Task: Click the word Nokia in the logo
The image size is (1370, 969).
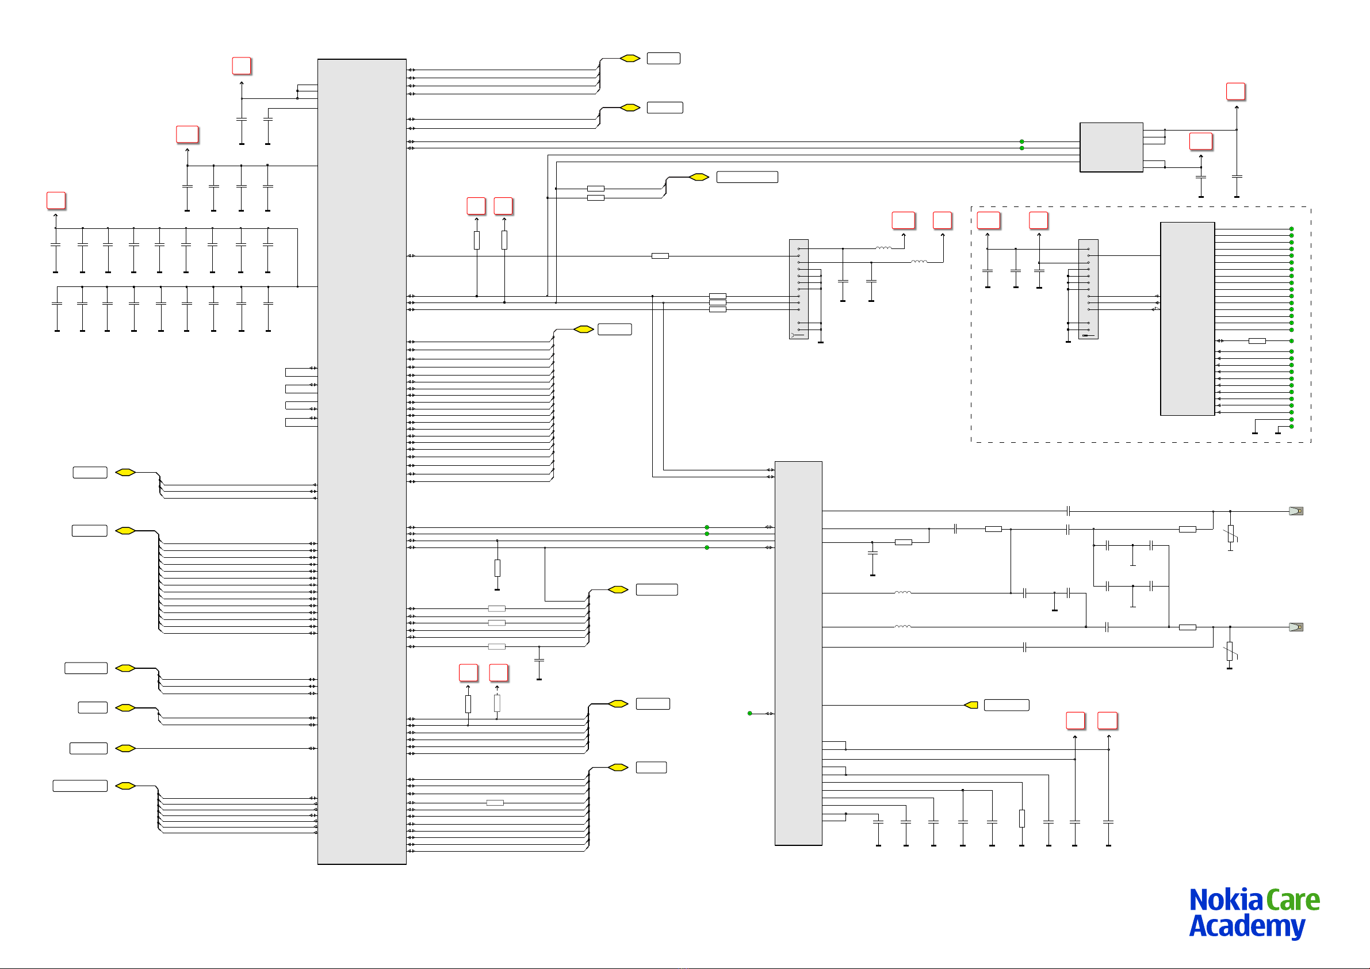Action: (1226, 900)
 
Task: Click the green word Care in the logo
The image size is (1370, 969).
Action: (1293, 901)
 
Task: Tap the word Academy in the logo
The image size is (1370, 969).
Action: (1247, 926)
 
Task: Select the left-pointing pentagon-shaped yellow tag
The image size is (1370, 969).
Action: (971, 705)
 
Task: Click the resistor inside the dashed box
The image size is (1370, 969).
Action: (1257, 340)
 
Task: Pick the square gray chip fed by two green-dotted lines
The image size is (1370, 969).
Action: (1111, 147)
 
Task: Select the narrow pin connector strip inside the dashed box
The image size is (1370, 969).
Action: (1088, 289)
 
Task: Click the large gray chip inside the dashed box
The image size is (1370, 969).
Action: (1188, 319)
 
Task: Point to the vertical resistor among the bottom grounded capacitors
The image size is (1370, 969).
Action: (1022, 819)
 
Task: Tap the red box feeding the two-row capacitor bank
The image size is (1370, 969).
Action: (56, 201)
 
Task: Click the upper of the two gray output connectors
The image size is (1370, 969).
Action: (1296, 511)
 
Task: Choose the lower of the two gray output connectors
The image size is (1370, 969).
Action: (1296, 627)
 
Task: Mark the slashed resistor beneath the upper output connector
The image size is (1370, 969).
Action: (1230, 534)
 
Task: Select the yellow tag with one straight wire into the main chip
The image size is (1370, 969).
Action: (125, 748)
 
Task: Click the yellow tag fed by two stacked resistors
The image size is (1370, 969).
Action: (699, 177)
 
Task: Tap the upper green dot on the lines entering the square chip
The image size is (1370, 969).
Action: (1021, 141)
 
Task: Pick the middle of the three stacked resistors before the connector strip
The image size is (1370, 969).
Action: (718, 302)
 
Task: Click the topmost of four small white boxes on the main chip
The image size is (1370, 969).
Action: (301, 372)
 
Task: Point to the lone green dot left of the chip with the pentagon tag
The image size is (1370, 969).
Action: (750, 713)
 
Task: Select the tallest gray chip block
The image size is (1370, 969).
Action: (362, 461)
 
